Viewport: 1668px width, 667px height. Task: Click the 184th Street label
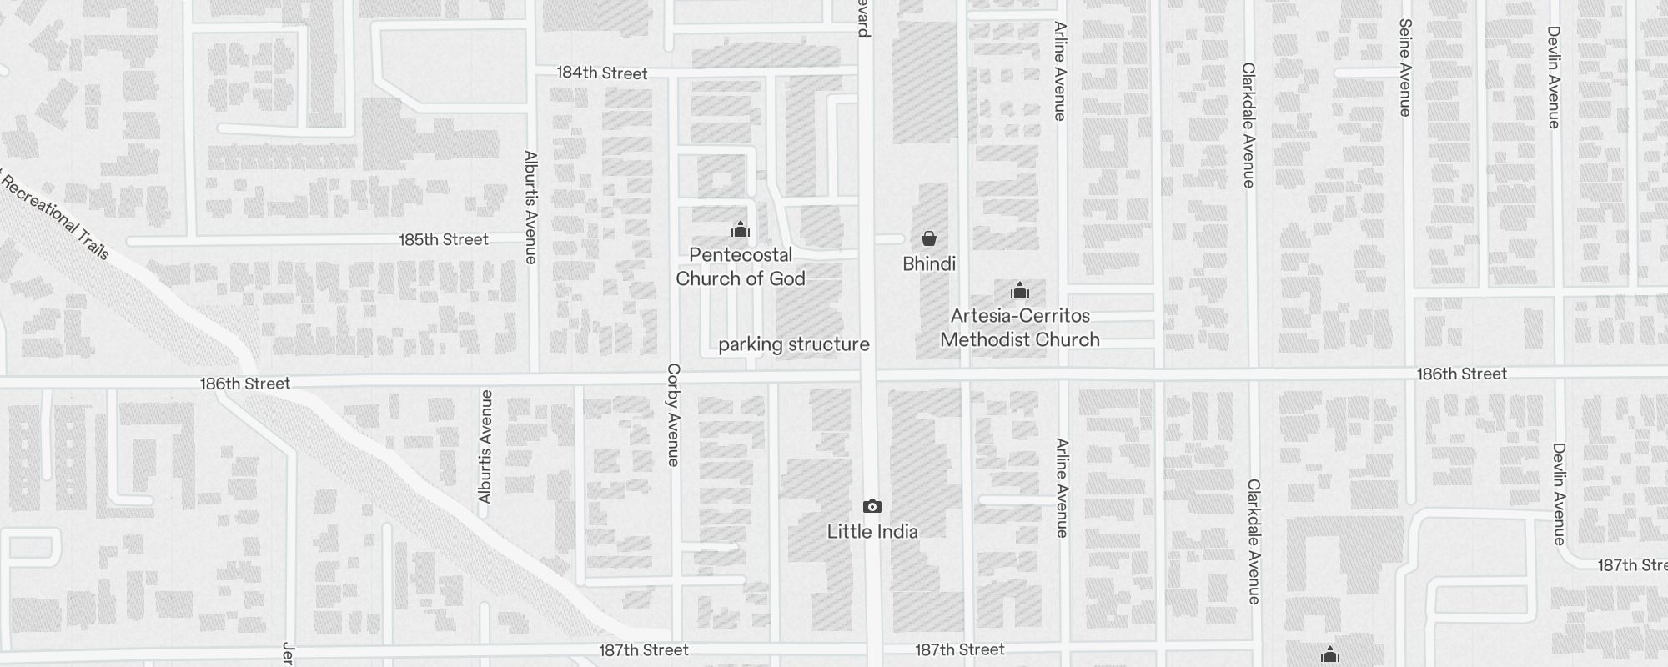coord(601,73)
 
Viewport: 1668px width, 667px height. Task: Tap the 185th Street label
coord(443,240)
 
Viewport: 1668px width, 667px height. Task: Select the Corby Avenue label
coord(674,414)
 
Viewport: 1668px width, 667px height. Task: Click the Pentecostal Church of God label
coord(740,267)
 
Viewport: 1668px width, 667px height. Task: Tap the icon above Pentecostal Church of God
coord(740,229)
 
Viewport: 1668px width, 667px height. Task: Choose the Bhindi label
coord(928,264)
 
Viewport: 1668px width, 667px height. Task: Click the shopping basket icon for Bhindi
coord(928,238)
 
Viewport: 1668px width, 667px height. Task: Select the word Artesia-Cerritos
coord(1020,316)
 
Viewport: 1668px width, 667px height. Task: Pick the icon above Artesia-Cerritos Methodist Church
coord(1019,291)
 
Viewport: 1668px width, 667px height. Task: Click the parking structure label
coord(793,344)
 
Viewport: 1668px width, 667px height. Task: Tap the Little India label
coord(872,532)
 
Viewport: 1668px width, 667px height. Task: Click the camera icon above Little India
coord(872,506)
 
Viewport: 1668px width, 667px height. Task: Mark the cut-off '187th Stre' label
coord(1631,565)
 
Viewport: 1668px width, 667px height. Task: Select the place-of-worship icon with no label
coord(1329,654)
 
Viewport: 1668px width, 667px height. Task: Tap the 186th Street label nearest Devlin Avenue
coord(1461,374)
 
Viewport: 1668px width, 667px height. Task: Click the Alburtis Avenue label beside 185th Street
coord(530,207)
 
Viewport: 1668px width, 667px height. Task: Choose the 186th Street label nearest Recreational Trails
coord(245,384)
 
